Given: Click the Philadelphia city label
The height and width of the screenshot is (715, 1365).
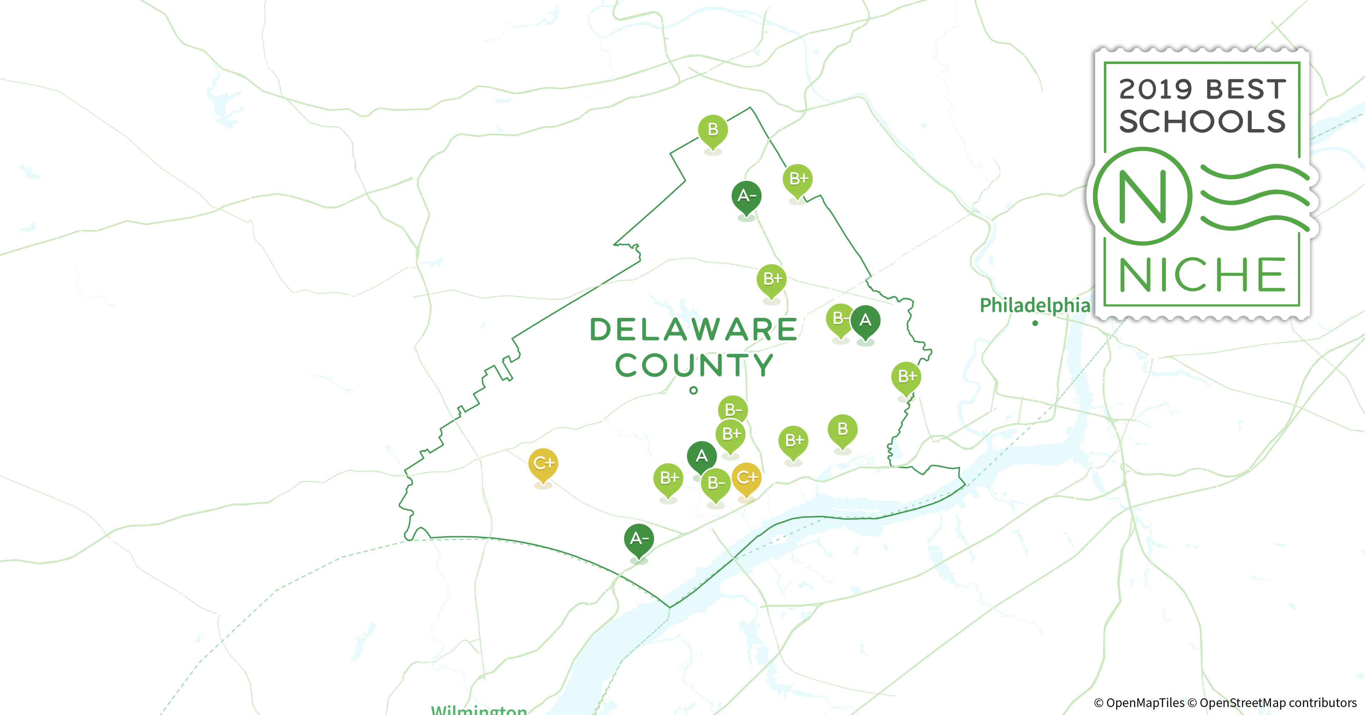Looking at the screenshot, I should coord(1034,305).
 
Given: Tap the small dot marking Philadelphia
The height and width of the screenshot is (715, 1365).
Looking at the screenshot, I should coord(1035,323).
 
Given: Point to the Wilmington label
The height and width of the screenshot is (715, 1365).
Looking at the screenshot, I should coord(478,709).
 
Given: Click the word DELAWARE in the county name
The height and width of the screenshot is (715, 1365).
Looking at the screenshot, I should coord(693,329).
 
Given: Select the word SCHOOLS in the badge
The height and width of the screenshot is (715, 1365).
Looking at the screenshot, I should coord(1202,122).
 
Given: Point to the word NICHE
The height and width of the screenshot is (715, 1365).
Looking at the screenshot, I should coord(1202,275).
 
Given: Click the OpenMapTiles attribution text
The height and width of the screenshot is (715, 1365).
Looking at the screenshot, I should coord(1139,703).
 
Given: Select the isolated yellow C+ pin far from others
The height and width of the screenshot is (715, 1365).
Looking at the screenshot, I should coord(543,464).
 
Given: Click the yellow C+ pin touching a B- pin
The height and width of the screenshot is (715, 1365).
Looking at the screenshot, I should coord(746,478).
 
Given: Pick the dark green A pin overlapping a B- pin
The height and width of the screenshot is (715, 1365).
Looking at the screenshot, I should coord(865,320).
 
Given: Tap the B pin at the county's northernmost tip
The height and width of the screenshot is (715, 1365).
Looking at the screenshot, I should coord(713,130).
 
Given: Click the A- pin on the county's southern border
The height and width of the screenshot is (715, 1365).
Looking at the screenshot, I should coord(639,539).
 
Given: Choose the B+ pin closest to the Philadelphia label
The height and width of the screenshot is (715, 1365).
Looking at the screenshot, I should coord(906,377).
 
